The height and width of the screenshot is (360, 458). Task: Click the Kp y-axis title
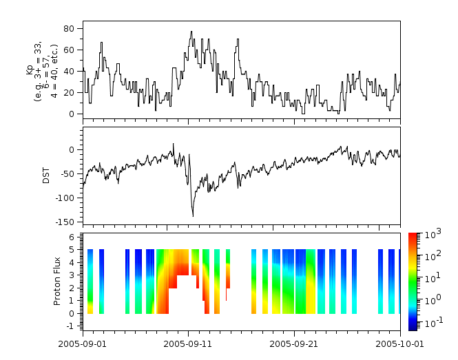point(43,69)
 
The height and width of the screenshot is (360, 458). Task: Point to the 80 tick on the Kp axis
point(72,28)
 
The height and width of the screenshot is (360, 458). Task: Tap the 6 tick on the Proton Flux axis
point(75,236)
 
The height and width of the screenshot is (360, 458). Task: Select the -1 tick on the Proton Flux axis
point(73,325)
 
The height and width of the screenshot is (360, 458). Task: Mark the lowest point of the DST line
point(193,216)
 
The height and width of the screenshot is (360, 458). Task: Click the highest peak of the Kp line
point(191,31)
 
